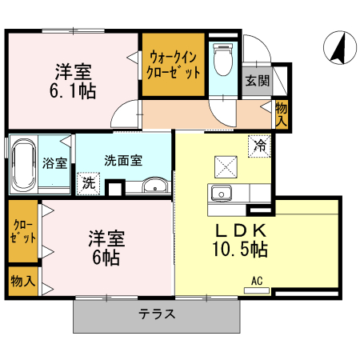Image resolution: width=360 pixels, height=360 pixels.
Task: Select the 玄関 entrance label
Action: [257, 80]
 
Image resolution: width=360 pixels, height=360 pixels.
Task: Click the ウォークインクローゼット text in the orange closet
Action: [173, 64]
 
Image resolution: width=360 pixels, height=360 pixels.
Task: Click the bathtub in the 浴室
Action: [23, 166]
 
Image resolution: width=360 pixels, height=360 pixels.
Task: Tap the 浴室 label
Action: [54, 162]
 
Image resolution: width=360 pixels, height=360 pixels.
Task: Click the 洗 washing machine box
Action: [88, 182]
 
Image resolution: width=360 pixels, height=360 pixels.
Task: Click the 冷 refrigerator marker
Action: [259, 146]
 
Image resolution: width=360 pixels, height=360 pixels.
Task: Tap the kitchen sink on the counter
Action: [220, 193]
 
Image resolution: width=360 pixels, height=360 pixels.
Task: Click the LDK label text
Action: [243, 230]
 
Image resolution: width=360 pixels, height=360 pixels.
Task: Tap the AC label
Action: [257, 281]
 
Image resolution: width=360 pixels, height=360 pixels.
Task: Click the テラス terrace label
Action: [156, 314]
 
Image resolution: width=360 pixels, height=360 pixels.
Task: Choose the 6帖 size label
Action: [106, 258]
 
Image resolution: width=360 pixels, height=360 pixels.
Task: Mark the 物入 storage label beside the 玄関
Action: [281, 113]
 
